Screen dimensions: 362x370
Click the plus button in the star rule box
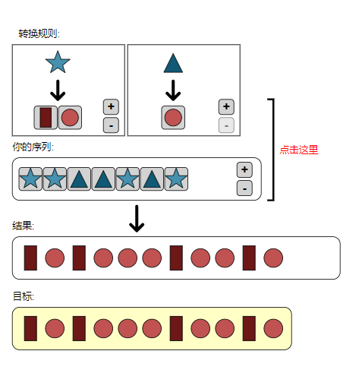pos(111,106)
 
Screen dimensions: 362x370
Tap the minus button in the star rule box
pos(111,125)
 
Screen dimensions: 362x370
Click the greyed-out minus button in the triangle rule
pos(226,125)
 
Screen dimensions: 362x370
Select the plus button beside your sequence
pos(244,169)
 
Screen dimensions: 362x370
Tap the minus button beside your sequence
pos(244,188)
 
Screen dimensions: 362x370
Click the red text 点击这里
pos(299,150)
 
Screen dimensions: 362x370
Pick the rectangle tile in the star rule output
pos(46,118)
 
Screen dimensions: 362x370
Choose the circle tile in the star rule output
pos(70,118)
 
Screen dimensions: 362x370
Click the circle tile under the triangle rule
pos(173,118)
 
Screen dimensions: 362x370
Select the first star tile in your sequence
pos(30,179)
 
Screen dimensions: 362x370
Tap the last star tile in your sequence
pos(176,179)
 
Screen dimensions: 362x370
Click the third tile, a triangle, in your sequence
pos(79,179)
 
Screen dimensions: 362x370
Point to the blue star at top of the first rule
pos(58,62)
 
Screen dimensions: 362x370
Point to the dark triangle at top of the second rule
pos(173,63)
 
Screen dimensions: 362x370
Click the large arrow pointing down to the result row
pos(137,219)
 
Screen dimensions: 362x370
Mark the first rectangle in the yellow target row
pos(30,328)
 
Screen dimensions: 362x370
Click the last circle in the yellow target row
pos(273,328)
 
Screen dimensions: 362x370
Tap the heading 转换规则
pos(39,33)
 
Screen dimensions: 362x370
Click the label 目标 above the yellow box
pos(24,296)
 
